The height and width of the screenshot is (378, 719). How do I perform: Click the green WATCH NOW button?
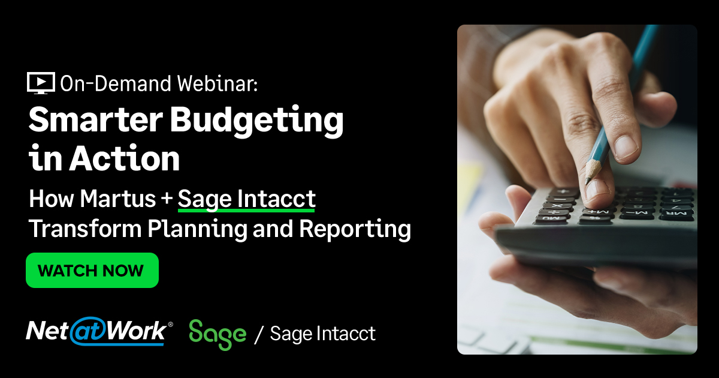pyautogui.click(x=92, y=270)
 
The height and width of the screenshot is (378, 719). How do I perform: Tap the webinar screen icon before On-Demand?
pyautogui.click(x=41, y=83)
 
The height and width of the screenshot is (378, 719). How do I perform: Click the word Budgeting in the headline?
pyautogui.click(x=257, y=122)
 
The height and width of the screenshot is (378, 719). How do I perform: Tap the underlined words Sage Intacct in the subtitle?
pyautogui.click(x=246, y=199)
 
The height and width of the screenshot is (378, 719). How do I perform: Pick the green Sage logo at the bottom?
pyautogui.click(x=217, y=334)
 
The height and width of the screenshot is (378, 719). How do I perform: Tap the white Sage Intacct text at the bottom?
pyautogui.click(x=322, y=334)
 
